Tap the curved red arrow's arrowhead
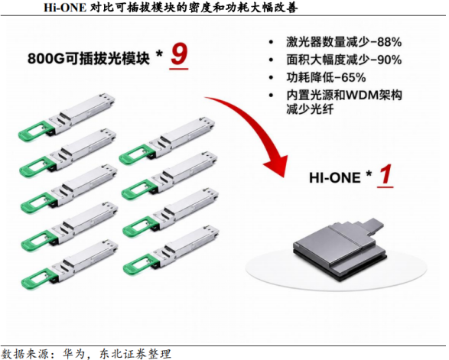[277, 165]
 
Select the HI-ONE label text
[335, 178]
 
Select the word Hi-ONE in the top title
[65, 7]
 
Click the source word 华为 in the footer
[73, 354]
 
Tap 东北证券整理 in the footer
[135, 354]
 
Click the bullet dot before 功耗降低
[271, 78]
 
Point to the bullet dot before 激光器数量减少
[271, 42]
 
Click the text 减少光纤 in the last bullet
[310, 109]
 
